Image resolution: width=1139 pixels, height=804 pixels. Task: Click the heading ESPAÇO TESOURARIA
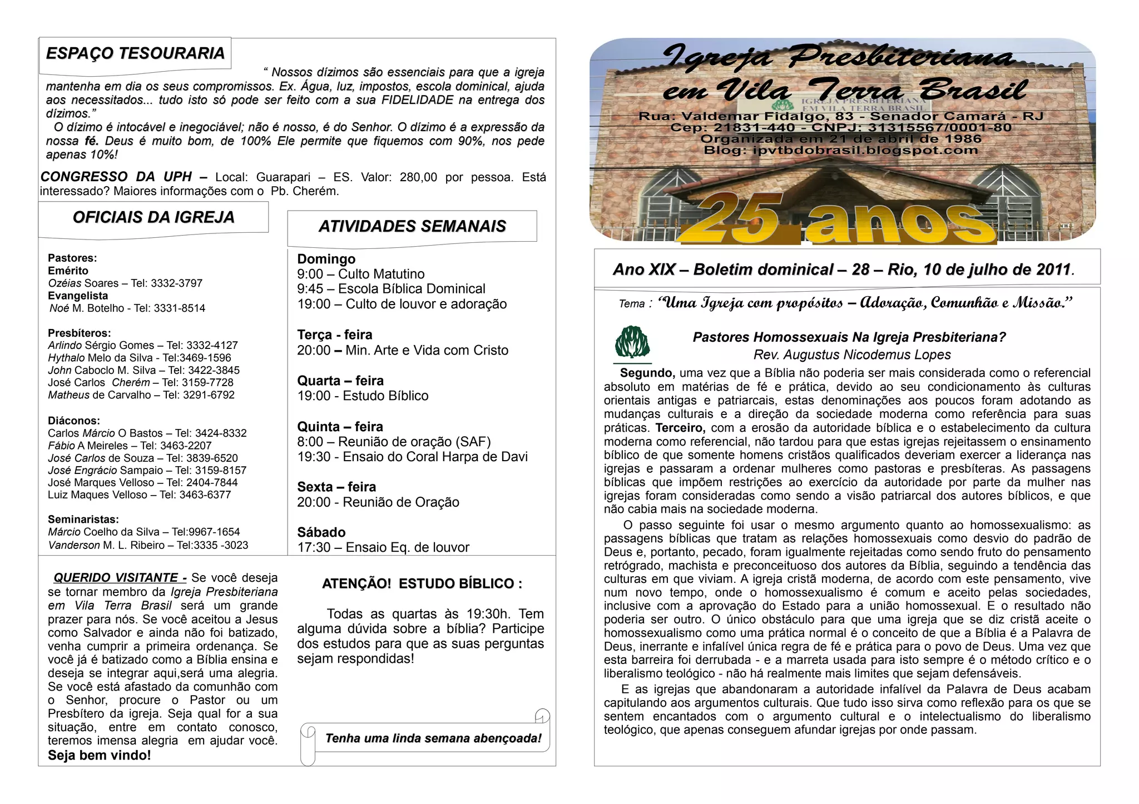[135, 54]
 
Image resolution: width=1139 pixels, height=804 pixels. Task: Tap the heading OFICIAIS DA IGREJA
[153, 217]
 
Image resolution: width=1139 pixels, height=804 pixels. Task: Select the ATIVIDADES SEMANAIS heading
[412, 227]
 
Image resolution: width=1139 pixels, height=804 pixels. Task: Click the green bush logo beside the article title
[632, 343]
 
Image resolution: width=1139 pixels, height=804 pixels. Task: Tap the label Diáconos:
[74, 421]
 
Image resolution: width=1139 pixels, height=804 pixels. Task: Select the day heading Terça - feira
[335, 335]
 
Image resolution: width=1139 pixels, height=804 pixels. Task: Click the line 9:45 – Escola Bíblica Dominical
[391, 289]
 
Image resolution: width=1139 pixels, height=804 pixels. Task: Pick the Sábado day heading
[321, 532]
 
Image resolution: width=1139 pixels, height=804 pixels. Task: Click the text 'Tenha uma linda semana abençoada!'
[433, 738]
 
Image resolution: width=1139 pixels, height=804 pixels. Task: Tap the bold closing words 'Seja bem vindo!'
[100, 755]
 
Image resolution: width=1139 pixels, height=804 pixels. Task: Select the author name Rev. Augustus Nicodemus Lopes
[852, 354]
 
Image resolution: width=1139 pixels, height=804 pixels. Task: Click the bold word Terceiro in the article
[680, 428]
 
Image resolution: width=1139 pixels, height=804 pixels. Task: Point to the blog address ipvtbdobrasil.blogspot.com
[865, 150]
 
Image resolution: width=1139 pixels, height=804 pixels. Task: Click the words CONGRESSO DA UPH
[116, 177]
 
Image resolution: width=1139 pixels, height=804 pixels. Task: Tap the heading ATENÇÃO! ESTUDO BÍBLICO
[422, 584]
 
